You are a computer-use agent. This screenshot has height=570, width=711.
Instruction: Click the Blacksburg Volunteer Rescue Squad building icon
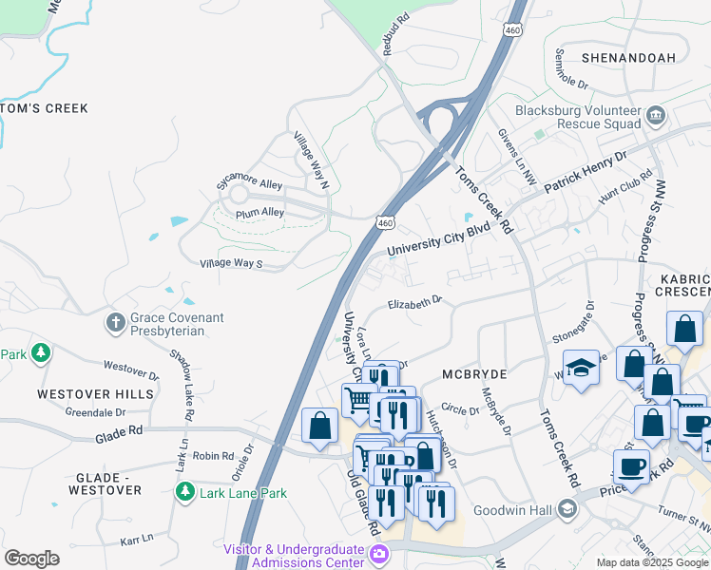(655, 116)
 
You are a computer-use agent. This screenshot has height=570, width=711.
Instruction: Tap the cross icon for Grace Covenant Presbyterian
(116, 322)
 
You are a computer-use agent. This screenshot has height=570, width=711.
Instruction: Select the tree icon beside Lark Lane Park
(184, 492)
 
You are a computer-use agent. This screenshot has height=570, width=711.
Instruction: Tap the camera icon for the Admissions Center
(379, 555)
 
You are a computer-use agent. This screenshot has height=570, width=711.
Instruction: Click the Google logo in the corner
(31, 559)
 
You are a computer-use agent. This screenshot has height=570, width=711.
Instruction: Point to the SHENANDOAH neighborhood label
(628, 58)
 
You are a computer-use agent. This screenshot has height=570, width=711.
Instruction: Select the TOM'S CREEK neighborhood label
(44, 108)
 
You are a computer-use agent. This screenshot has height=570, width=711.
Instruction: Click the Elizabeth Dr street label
(415, 303)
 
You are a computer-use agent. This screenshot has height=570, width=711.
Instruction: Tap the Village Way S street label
(231, 263)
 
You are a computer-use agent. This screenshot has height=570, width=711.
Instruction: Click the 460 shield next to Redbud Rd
(513, 31)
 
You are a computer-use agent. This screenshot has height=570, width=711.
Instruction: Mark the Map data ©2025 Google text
(651, 562)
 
